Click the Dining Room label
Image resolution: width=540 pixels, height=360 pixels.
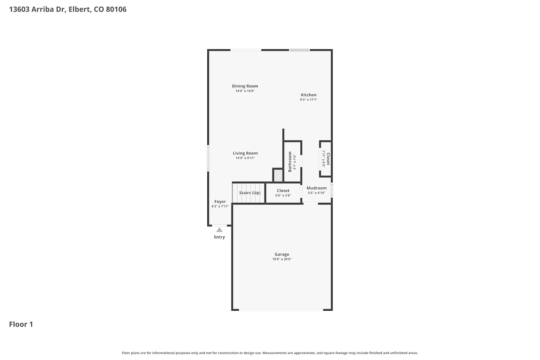(245, 86)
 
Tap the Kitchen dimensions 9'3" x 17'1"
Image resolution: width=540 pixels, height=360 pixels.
(309, 100)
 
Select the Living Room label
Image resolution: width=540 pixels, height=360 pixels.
(245, 153)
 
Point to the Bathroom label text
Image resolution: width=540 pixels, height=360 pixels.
(290, 162)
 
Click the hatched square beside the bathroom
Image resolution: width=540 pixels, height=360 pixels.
(278, 176)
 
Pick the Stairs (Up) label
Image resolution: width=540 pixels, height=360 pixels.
(250, 193)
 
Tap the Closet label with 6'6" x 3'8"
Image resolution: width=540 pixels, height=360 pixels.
(283, 190)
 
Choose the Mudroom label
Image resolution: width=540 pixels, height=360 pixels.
(316, 188)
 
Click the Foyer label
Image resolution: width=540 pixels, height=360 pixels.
(220, 202)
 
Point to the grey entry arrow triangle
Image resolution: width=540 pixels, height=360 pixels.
(219, 230)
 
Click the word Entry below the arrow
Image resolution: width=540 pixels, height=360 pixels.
(219, 237)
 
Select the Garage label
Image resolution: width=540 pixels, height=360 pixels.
(282, 254)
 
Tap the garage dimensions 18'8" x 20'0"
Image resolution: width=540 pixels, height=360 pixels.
(282, 259)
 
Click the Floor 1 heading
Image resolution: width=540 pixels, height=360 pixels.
(21, 324)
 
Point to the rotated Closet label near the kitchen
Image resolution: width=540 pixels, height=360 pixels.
(328, 159)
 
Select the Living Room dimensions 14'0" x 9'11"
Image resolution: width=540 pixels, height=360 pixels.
(245, 158)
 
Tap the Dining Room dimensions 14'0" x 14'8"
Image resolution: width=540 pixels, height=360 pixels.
(245, 91)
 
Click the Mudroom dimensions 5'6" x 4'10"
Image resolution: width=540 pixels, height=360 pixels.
(316, 193)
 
